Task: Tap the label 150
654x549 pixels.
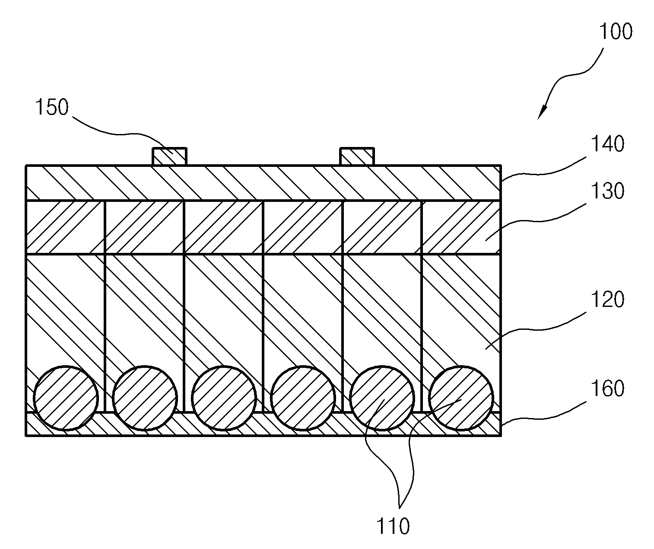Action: pos(52,107)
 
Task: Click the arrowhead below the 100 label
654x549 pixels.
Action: pos(542,113)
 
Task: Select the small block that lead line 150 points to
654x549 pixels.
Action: pos(169,156)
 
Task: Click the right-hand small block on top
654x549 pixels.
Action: pos(357,156)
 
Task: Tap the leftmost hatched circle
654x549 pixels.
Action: pos(66,398)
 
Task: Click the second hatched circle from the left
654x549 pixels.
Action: pos(145,398)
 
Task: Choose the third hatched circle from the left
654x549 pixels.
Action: pos(224,398)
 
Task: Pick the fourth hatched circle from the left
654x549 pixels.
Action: pos(303,398)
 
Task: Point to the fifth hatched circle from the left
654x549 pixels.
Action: pos(382,398)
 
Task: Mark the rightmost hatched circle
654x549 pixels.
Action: pos(461,398)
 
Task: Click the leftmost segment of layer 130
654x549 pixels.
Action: pos(65,227)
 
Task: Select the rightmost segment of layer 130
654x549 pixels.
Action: pos(461,227)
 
